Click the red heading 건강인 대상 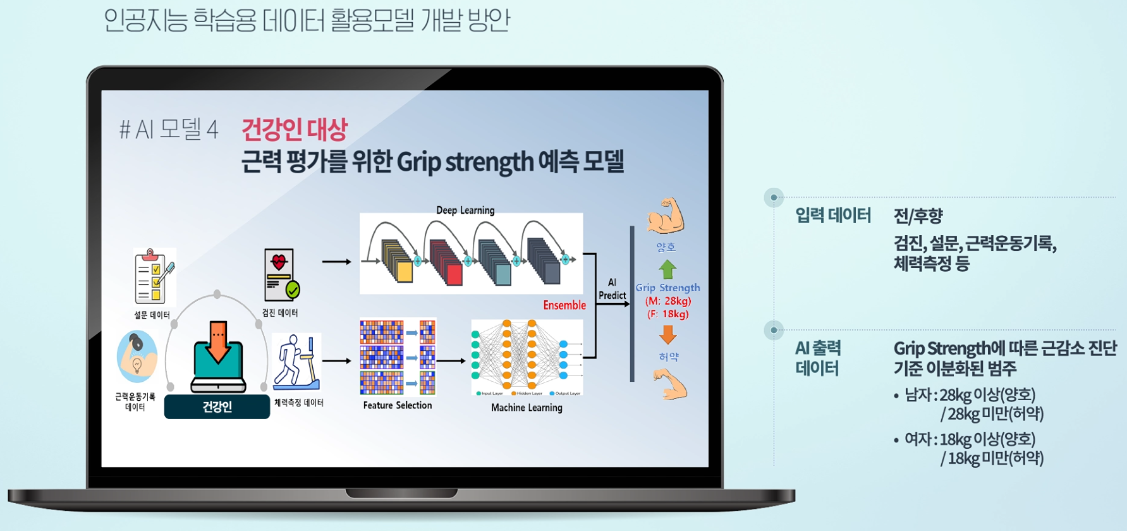295,130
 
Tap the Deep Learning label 465,210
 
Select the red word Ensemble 564,305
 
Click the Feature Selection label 398,405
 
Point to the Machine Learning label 527,408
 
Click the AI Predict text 612,289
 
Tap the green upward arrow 667,269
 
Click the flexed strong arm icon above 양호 666,216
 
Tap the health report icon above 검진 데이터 281,274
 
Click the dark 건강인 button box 217,407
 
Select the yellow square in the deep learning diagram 404,272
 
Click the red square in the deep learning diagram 454,274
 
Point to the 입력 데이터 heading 832,216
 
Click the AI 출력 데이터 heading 818,358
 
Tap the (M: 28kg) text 668,301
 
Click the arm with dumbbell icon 137,356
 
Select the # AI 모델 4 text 169,130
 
